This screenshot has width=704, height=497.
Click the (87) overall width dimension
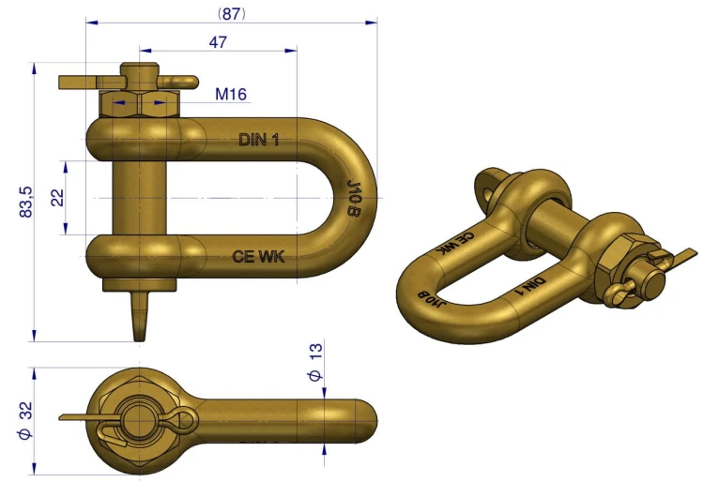tap(232, 14)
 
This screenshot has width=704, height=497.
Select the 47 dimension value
tap(218, 42)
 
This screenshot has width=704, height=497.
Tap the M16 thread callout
tap(231, 94)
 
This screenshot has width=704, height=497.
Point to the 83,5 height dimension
tap(26, 202)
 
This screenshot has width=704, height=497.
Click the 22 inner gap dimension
tap(57, 198)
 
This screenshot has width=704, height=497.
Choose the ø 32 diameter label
tap(25, 421)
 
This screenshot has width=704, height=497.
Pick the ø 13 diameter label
tap(315, 362)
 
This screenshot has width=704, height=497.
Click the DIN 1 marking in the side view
tap(259, 140)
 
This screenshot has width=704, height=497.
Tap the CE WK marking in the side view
tap(258, 256)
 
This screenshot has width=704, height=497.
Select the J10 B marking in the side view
tap(354, 198)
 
